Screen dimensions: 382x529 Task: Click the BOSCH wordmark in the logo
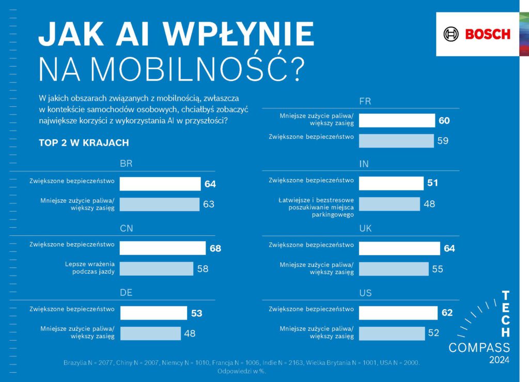pyautogui.click(x=488, y=35)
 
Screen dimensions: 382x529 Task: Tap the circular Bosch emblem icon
pyautogui.click(x=451, y=35)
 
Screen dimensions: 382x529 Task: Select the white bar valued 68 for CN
pyautogui.click(x=162, y=248)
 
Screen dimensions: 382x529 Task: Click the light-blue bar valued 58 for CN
pyautogui.click(x=156, y=268)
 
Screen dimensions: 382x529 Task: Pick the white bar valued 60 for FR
pyautogui.click(x=397, y=121)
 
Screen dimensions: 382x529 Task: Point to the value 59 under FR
pyautogui.click(x=443, y=140)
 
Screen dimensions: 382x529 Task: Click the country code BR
pyautogui.click(x=126, y=164)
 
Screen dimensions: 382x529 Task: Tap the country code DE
pyautogui.click(x=126, y=293)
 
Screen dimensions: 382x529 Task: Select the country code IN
pyautogui.click(x=364, y=164)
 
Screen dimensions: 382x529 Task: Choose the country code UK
pyautogui.click(x=365, y=229)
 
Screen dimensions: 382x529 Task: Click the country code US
pyautogui.click(x=365, y=293)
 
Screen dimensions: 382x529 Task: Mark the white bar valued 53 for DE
pyautogui.click(x=153, y=313)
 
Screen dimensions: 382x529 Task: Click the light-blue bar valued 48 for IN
pyautogui.click(x=390, y=204)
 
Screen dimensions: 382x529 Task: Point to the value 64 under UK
pyautogui.click(x=449, y=248)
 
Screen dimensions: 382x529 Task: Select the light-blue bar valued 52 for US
pyautogui.click(x=392, y=333)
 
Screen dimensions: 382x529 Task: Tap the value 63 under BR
pyautogui.click(x=208, y=204)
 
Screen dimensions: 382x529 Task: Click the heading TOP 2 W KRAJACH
pyautogui.click(x=84, y=142)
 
